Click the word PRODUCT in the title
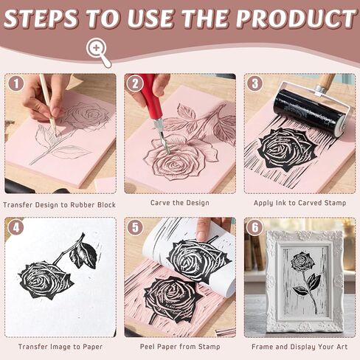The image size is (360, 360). (x=296, y=18)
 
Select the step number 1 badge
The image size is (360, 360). (x=16, y=84)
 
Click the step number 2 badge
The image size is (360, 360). (x=135, y=84)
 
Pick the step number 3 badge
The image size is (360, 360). (x=255, y=84)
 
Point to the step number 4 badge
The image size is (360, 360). (x=16, y=228)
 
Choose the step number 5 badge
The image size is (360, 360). (x=135, y=228)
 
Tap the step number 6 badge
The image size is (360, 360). (x=255, y=228)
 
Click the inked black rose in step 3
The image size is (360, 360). (x=284, y=151)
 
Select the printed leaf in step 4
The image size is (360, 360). (x=83, y=255)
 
